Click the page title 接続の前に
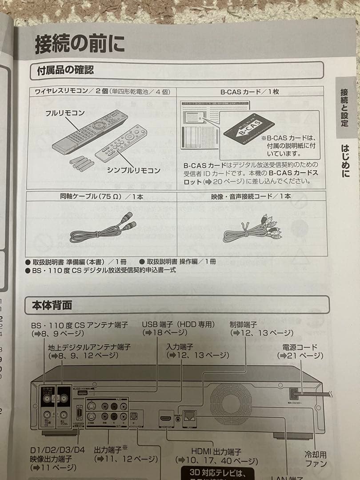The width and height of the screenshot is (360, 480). click(80, 44)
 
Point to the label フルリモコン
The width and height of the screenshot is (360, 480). click(65, 113)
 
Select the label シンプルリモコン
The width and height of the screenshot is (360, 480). click(133, 170)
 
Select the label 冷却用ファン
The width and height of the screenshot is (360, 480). click(316, 459)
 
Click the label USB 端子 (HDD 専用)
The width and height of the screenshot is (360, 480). click(178, 324)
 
